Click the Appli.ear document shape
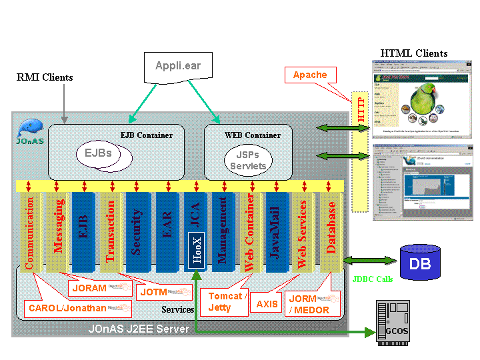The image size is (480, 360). tap(178, 67)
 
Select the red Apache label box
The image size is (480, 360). tap(309, 75)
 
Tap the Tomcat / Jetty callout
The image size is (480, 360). tap(227, 301)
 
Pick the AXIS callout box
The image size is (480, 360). tap(267, 304)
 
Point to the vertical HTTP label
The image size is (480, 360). tap(361, 110)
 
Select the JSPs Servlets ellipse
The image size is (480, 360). tap(248, 161)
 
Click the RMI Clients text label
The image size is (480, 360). tap(45, 77)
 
